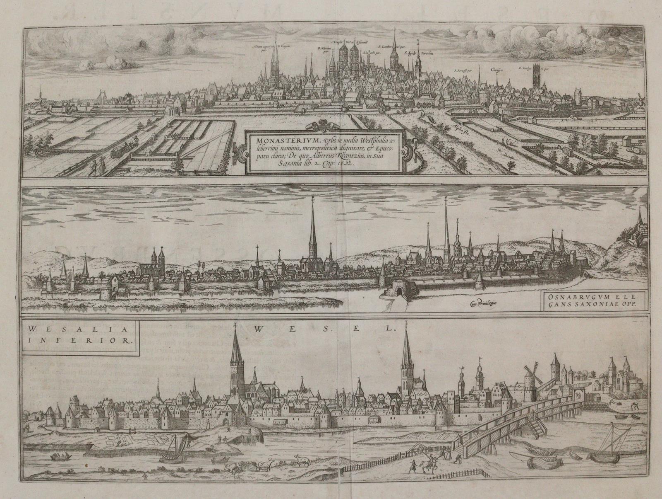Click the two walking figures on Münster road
pyautogui.click(x=98, y=168)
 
